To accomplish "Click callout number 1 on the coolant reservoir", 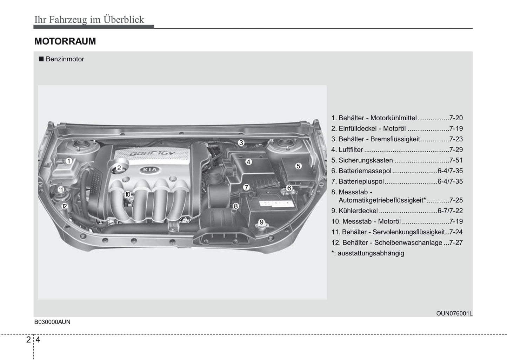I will (69, 161).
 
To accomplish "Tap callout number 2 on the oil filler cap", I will (119, 168).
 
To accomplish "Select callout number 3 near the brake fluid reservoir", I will (241, 142).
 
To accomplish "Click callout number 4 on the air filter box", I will (248, 162).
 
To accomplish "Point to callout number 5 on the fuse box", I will (298, 166).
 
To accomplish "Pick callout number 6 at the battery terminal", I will (289, 188).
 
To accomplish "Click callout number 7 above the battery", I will (246, 187).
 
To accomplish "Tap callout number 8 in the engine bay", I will (235, 206).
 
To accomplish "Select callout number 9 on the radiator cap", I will (261, 222).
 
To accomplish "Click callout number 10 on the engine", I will (127, 194).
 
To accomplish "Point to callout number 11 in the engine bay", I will (61, 189).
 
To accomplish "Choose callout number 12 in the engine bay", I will (64, 206).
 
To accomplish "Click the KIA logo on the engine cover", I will (150, 170).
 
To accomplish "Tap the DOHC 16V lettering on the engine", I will (152, 154).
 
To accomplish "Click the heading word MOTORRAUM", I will (65, 41).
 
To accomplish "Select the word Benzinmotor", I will (65, 59).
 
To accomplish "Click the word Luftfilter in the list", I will (351, 150).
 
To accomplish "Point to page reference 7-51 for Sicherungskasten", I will (456, 160).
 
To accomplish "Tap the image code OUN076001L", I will (454, 313).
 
